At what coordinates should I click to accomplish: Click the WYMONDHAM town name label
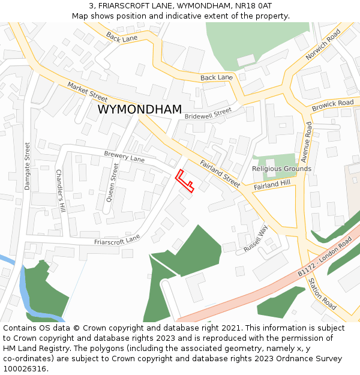coord(139,110)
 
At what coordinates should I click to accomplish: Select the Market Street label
coord(87,91)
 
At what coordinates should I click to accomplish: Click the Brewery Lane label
coord(124,157)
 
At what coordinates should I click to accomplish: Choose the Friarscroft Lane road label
coord(117,240)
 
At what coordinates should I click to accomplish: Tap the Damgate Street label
coord(27,166)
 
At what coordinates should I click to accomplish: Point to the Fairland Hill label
coord(271,186)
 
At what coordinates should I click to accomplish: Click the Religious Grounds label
coord(281,169)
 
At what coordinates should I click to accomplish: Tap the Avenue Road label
coord(306,142)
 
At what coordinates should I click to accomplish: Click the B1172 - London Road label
coord(325,256)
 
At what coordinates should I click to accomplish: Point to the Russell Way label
coord(255,239)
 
